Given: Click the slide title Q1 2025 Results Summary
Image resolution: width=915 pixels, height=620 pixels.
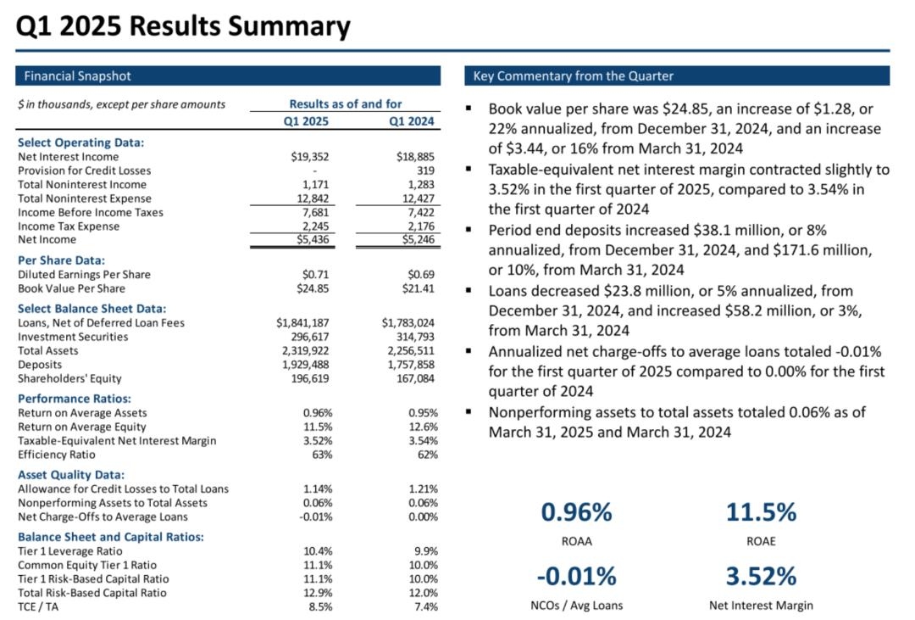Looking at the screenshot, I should (x=183, y=26).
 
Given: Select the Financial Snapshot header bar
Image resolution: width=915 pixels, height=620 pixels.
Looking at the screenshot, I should (x=228, y=76).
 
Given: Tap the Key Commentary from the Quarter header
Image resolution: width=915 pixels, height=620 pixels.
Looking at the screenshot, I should (x=676, y=76).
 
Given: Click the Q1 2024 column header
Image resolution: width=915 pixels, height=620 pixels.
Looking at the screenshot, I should (x=412, y=121).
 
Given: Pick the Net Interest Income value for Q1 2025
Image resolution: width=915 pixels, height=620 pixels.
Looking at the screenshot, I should (x=309, y=157).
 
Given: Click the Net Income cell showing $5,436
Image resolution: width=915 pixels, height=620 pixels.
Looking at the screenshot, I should (x=309, y=240).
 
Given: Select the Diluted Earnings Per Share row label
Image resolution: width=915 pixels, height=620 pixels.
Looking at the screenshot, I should (x=84, y=274).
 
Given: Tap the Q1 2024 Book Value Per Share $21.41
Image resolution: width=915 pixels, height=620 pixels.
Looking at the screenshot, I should (x=419, y=288).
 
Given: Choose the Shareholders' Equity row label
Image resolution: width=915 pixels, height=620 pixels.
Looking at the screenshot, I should (x=69, y=378).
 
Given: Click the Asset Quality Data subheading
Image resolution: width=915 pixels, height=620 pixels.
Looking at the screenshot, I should (x=71, y=475).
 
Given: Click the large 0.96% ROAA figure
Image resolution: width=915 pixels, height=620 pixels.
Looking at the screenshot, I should (x=576, y=512).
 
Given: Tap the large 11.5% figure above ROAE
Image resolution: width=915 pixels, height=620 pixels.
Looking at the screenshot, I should (x=761, y=512).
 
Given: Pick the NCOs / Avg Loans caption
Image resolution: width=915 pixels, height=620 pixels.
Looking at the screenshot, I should (x=575, y=605).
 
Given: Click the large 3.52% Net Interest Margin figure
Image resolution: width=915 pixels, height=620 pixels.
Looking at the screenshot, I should (x=761, y=577).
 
